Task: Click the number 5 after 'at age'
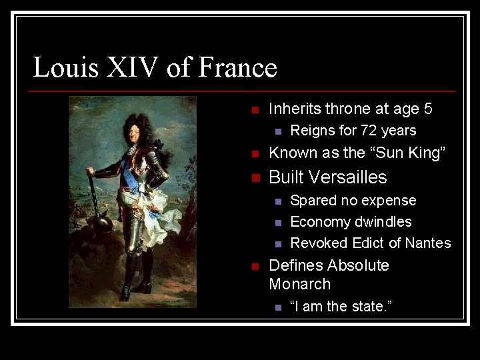428,109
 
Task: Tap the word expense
390,201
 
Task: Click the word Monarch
300,284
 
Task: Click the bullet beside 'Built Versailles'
254,178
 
